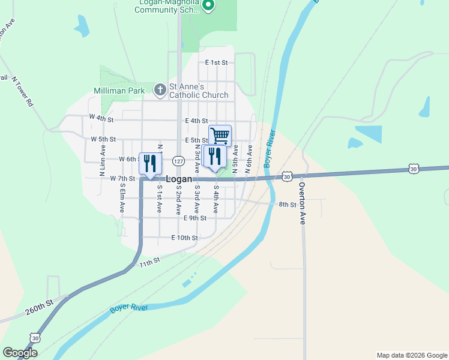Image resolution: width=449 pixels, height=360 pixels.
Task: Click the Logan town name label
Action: pyautogui.click(x=179, y=179)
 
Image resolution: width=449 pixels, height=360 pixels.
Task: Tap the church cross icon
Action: pyautogui.click(x=160, y=90)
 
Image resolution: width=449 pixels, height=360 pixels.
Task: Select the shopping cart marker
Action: pyautogui.click(x=220, y=136)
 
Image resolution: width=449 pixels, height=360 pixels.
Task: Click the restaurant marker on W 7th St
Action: pyautogui.click(x=149, y=163)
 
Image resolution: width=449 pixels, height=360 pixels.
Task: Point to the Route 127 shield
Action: pyautogui.click(x=178, y=161)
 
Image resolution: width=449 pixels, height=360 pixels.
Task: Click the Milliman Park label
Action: pyautogui.click(x=119, y=90)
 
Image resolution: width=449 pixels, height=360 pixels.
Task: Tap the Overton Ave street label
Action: pyautogui.click(x=303, y=203)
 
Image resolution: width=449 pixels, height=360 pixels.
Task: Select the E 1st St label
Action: pyautogui.click(x=217, y=62)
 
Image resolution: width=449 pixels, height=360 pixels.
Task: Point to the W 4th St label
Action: pyautogui.click(x=101, y=118)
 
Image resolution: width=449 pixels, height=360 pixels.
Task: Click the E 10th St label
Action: pyautogui.click(x=184, y=238)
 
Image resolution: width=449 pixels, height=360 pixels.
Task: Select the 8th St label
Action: pyautogui.click(x=288, y=205)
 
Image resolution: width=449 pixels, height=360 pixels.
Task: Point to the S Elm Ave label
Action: pyautogui.click(x=121, y=198)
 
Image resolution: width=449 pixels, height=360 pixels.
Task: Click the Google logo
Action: pyautogui.click(x=20, y=353)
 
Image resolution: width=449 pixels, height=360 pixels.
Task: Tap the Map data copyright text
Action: pyautogui.click(x=411, y=355)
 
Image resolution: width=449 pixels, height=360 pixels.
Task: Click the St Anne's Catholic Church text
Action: pyautogui.click(x=199, y=91)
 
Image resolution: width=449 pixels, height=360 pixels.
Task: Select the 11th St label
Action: pyautogui.click(x=150, y=263)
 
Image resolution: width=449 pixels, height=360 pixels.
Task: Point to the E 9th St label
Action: pyautogui.click(x=195, y=218)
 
